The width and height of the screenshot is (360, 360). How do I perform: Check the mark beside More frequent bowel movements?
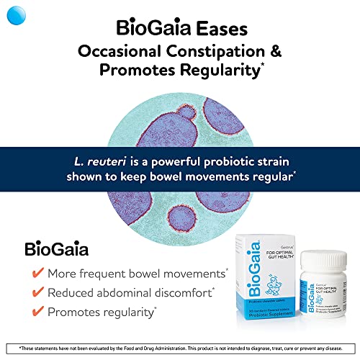click(x=35, y=274)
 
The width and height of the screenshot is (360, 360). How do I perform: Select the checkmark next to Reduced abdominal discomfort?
click(x=35, y=293)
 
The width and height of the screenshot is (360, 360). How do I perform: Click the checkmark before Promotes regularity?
click(x=35, y=312)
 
